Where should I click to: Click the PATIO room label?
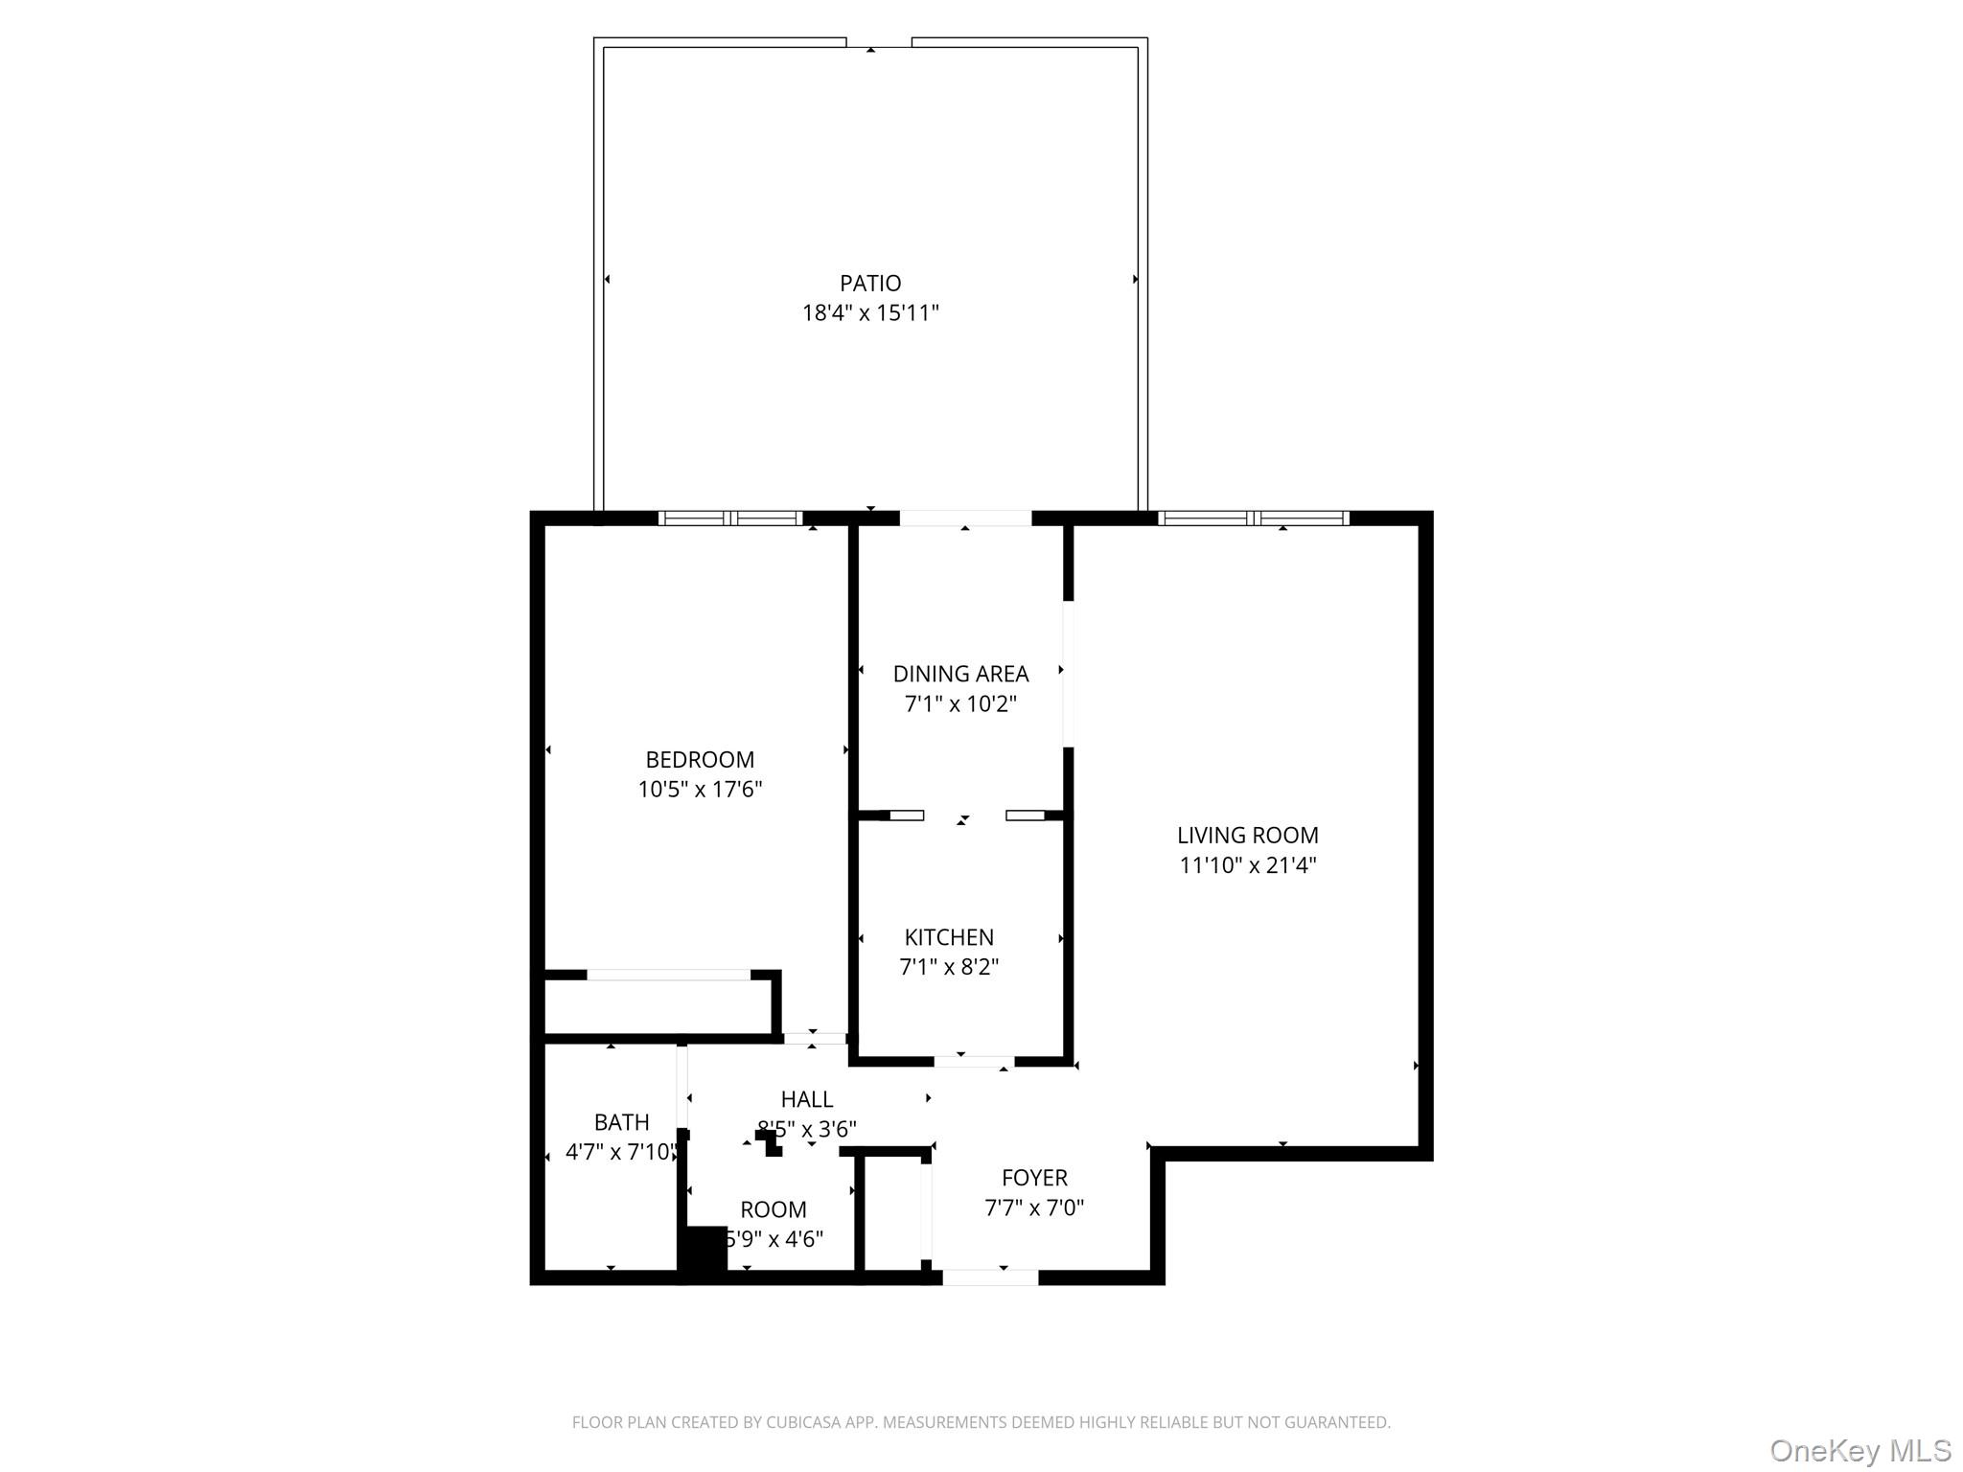tap(870, 284)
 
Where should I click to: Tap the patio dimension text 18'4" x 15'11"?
tap(870, 313)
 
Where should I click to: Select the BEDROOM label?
tap(700, 760)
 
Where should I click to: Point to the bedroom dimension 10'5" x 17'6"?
tap(700, 790)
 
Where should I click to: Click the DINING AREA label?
tap(960, 674)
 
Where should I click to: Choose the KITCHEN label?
tap(949, 937)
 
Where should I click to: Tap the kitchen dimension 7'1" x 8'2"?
tap(949, 967)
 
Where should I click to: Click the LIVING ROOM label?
tap(1247, 836)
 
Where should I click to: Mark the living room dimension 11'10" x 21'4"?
tap(1247, 865)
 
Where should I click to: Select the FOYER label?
tap(1034, 1178)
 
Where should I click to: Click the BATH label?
tap(621, 1122)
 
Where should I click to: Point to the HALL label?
tap(806, 1099)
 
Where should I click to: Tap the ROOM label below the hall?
tap(773, 1209)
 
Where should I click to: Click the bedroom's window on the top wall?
tap(731, 518)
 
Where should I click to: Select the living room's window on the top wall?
tap(1254, 518)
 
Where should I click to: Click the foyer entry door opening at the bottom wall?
tap(990, 1277)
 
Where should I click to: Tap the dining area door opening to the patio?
tap(965, 518)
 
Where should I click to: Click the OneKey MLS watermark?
tap(1859, 1450)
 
